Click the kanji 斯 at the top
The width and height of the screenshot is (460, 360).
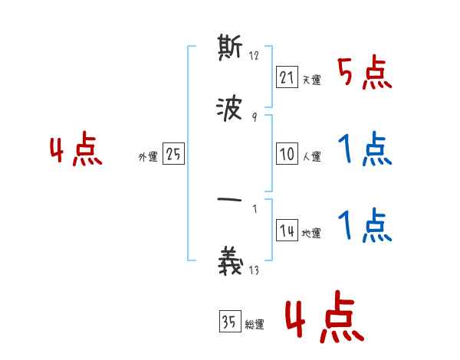230,50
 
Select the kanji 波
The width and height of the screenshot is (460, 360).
230,110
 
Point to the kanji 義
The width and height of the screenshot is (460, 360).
230,262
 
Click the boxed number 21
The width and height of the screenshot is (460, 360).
287,77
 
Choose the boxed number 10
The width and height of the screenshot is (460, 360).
287,154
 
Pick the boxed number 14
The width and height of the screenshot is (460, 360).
287,231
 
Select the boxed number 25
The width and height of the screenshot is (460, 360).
173,154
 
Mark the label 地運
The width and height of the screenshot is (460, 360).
311,234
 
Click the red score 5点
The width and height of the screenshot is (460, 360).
364,74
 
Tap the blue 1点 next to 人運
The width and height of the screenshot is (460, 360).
364,150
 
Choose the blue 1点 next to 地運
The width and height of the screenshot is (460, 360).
364,225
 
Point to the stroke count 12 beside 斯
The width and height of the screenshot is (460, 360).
255,55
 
